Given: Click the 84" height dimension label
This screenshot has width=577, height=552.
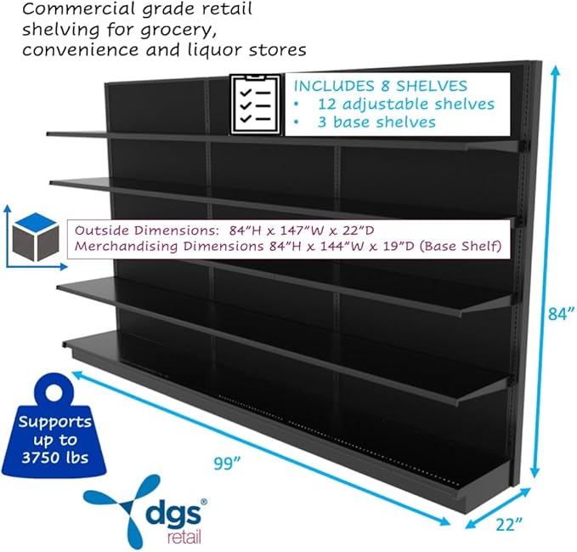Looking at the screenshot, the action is [x=561, y=314].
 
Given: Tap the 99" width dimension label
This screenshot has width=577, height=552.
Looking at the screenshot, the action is [x=227, y=464].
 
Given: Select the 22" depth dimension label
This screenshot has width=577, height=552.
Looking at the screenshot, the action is [x=509, y=525].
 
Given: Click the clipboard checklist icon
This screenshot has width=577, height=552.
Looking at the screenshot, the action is [x=256, y=105].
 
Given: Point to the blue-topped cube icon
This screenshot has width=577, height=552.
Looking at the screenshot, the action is [x=36, y=236].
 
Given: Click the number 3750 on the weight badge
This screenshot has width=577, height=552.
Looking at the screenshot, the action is [x=41, y=458].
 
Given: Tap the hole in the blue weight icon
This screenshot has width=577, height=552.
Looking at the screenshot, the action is [x=55, y=393].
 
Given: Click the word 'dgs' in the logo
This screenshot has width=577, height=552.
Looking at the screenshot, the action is [x=173, y=514].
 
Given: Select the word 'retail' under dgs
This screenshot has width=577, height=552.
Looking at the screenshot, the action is [x=184, y=537].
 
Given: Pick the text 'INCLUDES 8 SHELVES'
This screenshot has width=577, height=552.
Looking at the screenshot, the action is [x=381, y=86].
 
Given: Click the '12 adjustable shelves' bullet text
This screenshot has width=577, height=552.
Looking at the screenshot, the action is [x=406, y=104].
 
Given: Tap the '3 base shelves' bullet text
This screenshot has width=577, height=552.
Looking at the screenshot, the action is [x=376, y=122].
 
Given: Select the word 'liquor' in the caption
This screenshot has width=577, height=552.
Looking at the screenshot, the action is [x=215, y=49].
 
